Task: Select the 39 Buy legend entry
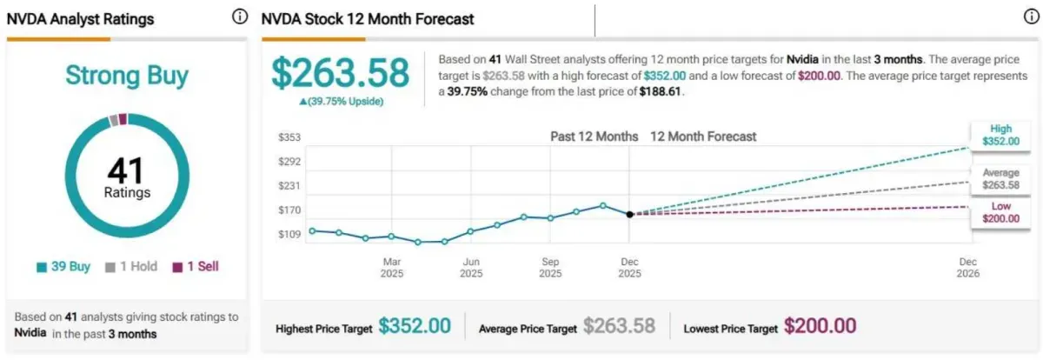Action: pyautogui.click(x=63, y=267)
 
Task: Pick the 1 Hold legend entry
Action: pyautogui.click(x=132, y=267)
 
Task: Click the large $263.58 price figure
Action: pyautogui.click(x=340, y=73)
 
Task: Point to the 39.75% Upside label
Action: pyautogui.click(x=341, y=101)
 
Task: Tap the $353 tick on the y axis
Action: pyautogui.click(x=289, y=137)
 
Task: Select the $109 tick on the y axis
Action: pyautogui.click(x=289, y=234)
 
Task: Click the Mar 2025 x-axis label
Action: pyautogui.click(x=391, y=267)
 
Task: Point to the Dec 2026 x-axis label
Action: pyautogui.click(x=968, y=267)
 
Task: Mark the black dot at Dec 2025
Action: pyautogui.click(x=629, y=214)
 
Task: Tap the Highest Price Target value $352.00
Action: pyautogui.click(x=415, y=326)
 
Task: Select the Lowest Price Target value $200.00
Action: pyautogui.click(x=820, y=326)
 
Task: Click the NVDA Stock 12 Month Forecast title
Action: pyautogui.click(x=369, y=18)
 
